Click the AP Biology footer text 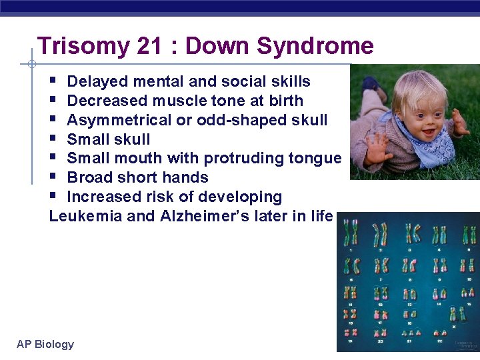click(x=45, y=344)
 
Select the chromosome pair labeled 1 click(x=351, y=234)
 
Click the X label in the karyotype click(x=453, y=327)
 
